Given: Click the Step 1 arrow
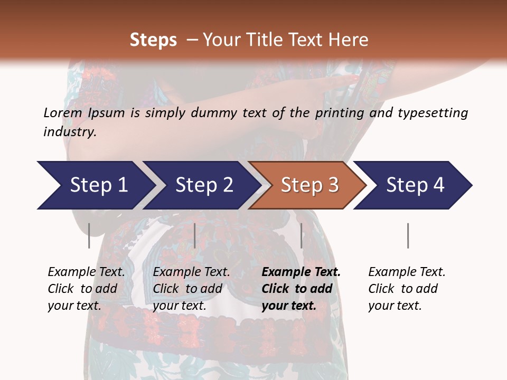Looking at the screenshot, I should tap(95, 185).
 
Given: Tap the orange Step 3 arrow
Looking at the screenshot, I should tap(309, 185).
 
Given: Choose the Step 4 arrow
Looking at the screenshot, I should tap(415, 185).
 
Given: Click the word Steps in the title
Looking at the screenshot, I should tap(153, 40).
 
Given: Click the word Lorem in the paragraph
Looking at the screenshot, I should tap(63, 112).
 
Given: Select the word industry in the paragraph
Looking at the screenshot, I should tap(70, 132).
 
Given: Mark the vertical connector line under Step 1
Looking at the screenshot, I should tap(89, 235).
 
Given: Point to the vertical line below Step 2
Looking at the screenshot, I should tap(195, 235).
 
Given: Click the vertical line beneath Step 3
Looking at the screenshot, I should tap(301, 235).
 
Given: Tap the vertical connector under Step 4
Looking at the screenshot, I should tap(408, 235).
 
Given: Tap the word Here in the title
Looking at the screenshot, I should tap(350, 40).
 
